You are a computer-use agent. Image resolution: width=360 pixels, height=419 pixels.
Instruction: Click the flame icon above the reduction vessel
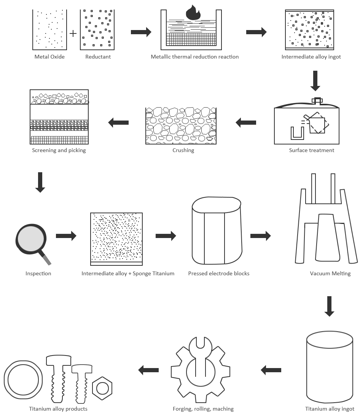pos(193,14)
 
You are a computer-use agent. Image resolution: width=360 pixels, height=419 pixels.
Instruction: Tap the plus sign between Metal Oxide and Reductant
pos(73,34)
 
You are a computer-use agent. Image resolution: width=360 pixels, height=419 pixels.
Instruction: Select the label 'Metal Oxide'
pos(49,57)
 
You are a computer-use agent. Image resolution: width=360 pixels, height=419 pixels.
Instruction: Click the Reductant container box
pos(97,30)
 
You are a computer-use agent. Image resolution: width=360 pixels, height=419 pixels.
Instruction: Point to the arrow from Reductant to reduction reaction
pos(141,32)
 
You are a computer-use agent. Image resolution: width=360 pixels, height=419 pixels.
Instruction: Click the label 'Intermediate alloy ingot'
pos(311,57)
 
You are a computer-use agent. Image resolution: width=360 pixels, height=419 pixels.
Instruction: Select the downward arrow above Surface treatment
pos(315,81)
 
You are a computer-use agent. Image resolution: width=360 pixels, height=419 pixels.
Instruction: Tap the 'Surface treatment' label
pos(311,150)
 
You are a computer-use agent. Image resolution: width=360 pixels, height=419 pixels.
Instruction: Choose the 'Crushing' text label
pos(183,150)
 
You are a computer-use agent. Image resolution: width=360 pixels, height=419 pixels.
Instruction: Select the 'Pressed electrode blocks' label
pos(218,273)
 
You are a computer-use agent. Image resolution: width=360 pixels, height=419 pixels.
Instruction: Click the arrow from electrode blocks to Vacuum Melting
pos(260,236)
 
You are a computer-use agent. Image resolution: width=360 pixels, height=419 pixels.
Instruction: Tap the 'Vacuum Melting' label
pos(330,273)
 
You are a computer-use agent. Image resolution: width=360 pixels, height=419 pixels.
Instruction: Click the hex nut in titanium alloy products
pos(103,389)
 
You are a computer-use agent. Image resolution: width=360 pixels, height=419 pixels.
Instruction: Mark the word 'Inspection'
pos(38,273)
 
